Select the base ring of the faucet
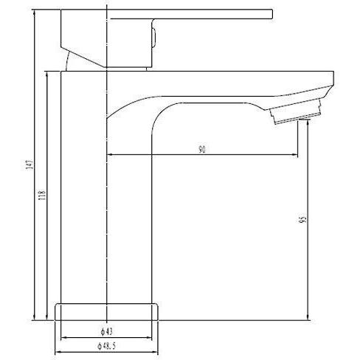108,311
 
